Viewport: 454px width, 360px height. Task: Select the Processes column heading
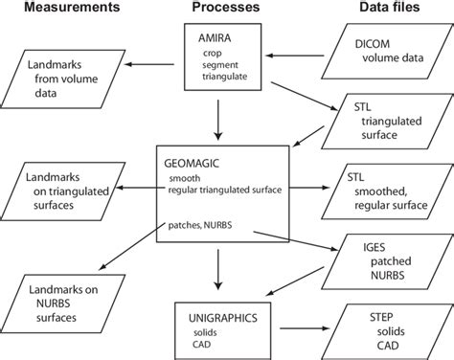[222, 9]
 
